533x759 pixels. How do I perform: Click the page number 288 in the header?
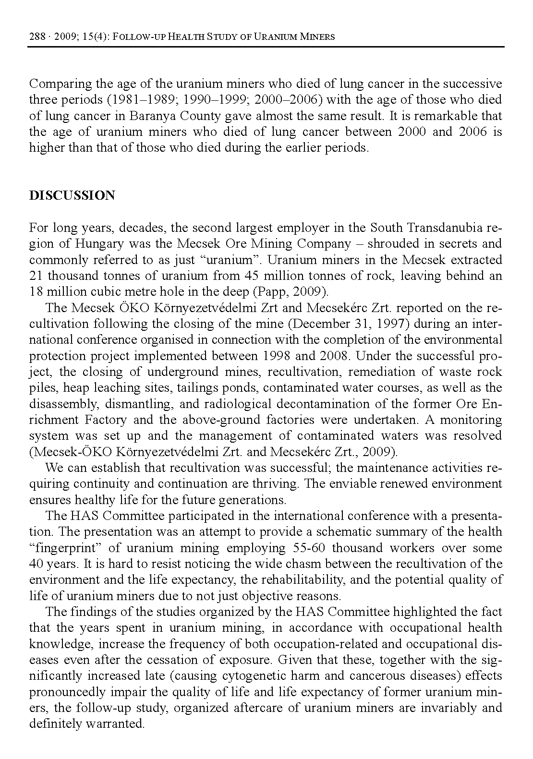[x=37, y=36]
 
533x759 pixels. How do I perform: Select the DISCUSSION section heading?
[x=72, y=195]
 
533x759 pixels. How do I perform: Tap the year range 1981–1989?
[x=121, y=100]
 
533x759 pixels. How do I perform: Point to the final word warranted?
[x=115, y=724]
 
